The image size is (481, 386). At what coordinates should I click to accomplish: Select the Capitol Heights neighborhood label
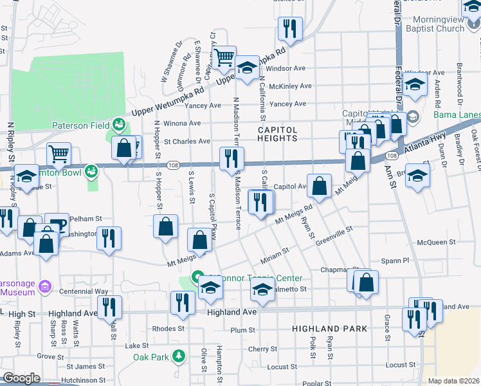(x=278, y=133)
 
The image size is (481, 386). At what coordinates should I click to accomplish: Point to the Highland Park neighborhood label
(x=329, y=328)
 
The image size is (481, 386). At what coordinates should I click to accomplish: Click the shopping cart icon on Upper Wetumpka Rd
(x=224, y=58)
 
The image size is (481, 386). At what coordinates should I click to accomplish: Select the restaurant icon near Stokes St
(x=289, y=28)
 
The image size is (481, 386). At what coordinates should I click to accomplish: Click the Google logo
(x=21, y=378)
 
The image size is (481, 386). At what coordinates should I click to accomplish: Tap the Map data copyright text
(x=453, y=381)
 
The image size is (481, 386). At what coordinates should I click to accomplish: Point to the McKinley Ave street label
(x=290, y=86)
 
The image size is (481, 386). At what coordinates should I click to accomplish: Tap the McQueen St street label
(x=436, y=243)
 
